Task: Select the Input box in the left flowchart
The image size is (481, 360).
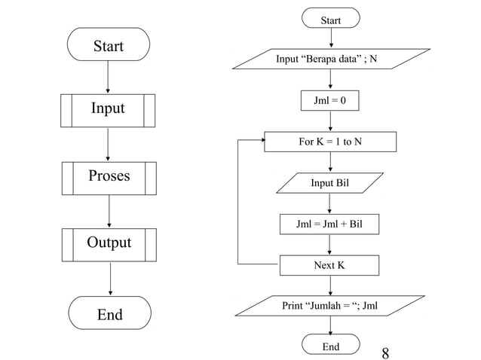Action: coord(108,110)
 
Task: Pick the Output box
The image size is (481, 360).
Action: coord(109,244)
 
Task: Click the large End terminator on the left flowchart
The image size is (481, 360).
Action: coord(109,313)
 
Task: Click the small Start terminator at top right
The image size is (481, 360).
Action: coord(330,20)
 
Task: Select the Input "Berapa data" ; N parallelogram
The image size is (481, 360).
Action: coord(330,59)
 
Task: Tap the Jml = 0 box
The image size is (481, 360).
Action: coord(330,100)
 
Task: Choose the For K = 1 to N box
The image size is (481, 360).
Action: coord(330,142)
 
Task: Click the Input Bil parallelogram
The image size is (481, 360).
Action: coord(330,183)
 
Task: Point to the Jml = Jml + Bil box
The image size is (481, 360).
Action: coord(329,224)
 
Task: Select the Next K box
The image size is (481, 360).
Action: coord(329,266)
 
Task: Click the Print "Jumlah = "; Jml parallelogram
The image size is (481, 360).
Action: coord(329,307)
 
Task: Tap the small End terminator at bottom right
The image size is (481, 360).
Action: coord(330,346)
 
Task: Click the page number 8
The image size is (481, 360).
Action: coord(386,352)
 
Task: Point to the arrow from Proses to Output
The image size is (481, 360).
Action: coord(109,211)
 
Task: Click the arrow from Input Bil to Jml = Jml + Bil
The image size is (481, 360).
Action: coord(330,203)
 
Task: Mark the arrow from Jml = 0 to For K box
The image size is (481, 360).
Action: coord(330,121)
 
